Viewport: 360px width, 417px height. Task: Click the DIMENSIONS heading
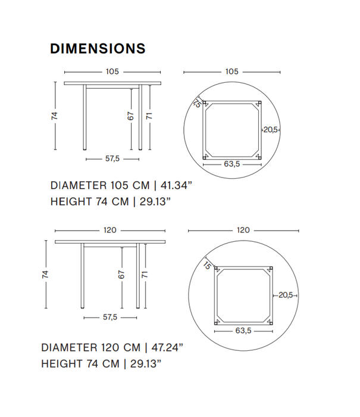pos(98,48)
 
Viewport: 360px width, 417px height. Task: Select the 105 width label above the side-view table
pos(112,71)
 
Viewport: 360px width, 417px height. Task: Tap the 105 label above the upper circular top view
pos(232,71)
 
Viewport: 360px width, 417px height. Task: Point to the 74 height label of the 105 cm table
pos(54,116)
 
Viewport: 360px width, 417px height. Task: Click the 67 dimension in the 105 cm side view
pos(131,116)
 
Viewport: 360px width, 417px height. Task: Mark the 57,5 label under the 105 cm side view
pos(112,158)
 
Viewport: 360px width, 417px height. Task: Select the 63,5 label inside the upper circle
pos(232,164)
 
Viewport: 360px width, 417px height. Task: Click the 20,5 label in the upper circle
pos(271,129)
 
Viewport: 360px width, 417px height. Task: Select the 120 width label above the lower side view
pos(110,230)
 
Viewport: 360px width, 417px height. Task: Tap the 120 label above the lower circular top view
pos(243,230)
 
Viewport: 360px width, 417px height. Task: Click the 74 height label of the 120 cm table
pos(45,274)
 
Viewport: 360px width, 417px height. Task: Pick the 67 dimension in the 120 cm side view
pos(121,274)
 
